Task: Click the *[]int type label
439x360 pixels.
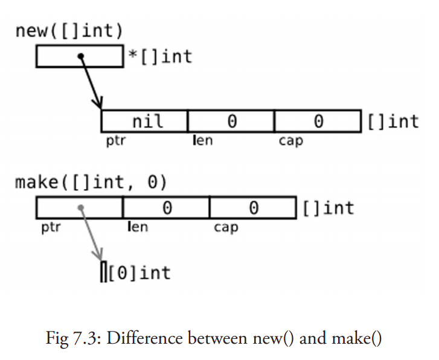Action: pyautogui.click(x=160, y=56)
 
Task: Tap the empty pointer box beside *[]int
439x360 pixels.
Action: pyautogui.click(x=79, y=56)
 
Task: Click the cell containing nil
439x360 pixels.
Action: pyautogui.click(x=144, y=121)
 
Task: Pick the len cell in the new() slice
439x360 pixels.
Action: pyautogui.click(x=231, y=121)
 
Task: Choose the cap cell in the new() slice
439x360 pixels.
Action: pyautogui.click(x=318, y=121)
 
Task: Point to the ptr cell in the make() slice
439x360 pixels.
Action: pyautogui.click(x=79, y=208)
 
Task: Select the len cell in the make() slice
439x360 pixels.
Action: pyautogui.click(x=166, y=208)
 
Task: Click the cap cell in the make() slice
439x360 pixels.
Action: pyautogui.click(x=253, y=208)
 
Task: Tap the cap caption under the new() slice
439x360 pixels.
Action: pyautogui.click(x=290, y=141)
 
